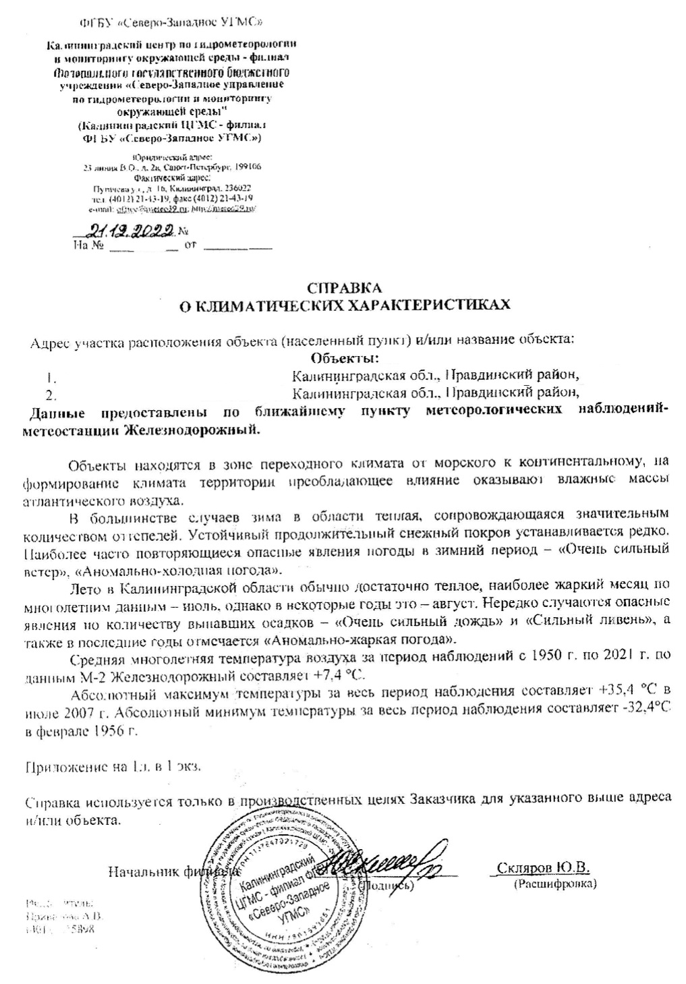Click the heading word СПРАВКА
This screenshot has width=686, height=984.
pyautogui.click(x=344, y=288)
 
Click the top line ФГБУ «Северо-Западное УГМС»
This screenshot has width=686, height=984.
pyautogui.click(x=172, y=22)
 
